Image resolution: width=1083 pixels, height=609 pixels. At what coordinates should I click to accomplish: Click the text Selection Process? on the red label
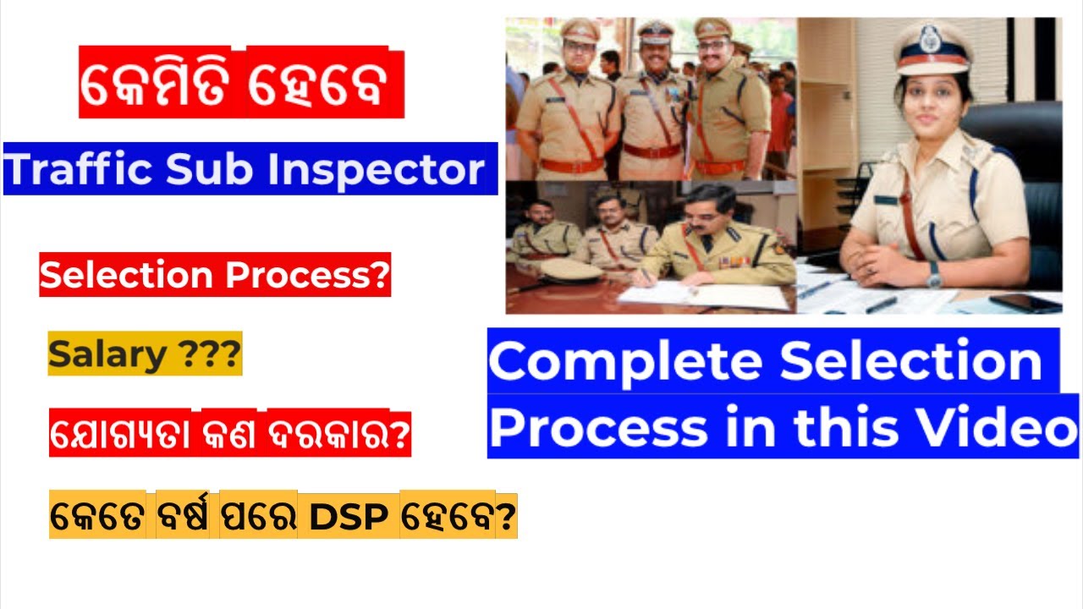click(215, 277)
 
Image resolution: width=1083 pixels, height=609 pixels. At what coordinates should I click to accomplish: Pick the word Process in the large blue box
click(599, 428)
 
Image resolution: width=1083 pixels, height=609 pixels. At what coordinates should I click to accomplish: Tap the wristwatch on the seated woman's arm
click(933, 274)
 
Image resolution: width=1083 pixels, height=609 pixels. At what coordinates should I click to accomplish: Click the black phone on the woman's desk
click(1025, 303)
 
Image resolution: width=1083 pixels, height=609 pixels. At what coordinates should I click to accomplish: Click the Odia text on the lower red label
click(229, 436)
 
